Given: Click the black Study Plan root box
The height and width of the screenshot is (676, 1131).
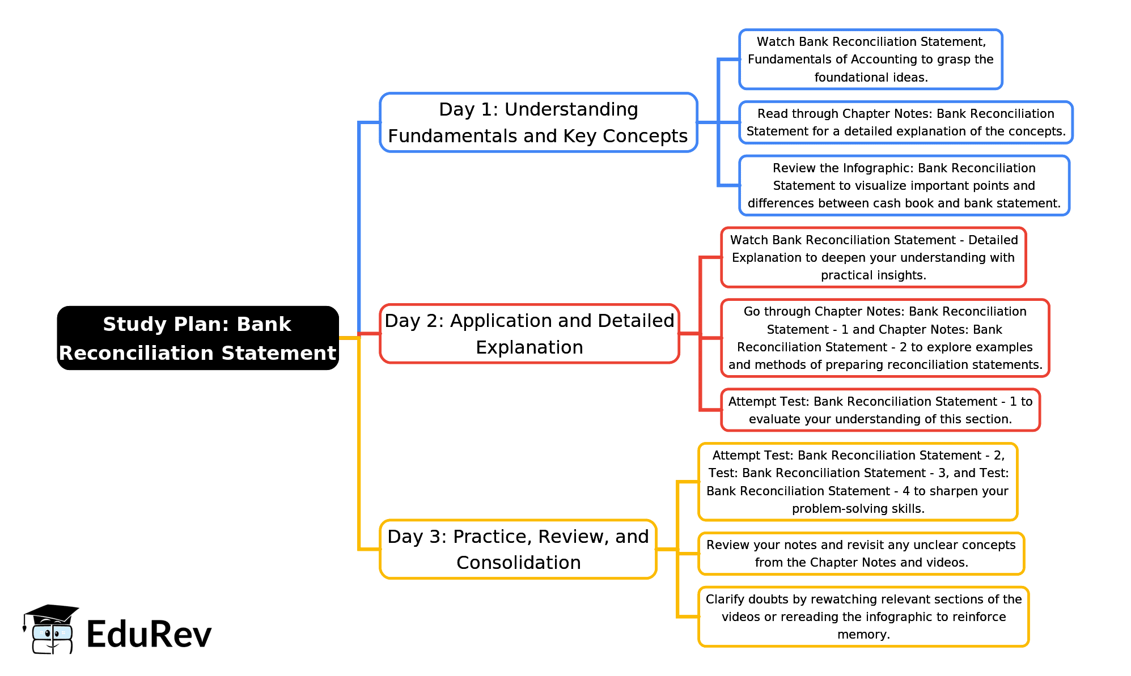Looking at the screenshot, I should pyautogui.click(x=198, y=338).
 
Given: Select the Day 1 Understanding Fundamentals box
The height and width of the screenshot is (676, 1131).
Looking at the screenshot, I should pyautogui.click(x=538, y=122).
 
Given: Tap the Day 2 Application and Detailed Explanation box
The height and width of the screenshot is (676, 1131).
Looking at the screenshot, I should pyautogui.click(x=529, y=334).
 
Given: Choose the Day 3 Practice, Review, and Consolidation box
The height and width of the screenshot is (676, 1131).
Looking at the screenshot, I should pyautogui.click(x=518, y=549).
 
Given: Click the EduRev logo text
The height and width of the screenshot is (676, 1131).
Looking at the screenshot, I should pyautogui.click(x=149, y=634).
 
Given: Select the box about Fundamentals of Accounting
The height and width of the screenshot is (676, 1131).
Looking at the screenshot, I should pyautogui.click(x=870, y=59).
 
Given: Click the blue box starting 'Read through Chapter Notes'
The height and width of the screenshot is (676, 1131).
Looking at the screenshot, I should pyautogui.click(x=905, y=122).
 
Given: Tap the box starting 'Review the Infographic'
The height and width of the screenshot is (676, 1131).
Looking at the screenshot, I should pyautogui.click(x=904, y=185).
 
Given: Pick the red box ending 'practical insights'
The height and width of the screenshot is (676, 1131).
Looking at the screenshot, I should pyautogui.click(x=873, y=257).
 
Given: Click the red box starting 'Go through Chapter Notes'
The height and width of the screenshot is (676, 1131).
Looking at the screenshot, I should pyautogui.click(x=884, y=338).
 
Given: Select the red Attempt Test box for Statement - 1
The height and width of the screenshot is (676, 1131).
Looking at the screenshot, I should pyautogui.click(x=880, y=410).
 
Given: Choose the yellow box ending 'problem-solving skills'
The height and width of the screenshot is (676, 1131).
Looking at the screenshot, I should pyautogui.click(x=857, y=482).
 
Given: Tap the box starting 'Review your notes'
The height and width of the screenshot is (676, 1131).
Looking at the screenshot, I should pyautogui.click(x=861, y=554).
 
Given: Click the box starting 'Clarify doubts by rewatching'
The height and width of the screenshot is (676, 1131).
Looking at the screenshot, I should pyautogui.click(x=863, y=617).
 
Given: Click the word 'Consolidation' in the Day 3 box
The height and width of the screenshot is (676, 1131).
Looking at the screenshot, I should pyautogui.click(x=518, y=563).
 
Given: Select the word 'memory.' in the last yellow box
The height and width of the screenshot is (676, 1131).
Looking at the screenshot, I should pyautogui.click(x=863, y=635).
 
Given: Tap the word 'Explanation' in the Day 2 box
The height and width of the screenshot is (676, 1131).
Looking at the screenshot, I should pyautogui.click(x=529, y=347).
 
